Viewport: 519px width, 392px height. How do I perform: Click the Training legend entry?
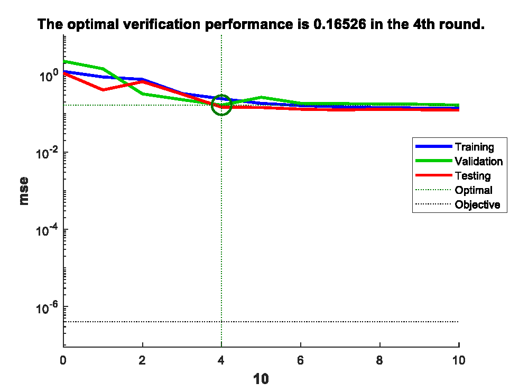pos(474,147)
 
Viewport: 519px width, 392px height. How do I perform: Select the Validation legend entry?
pos(478,161)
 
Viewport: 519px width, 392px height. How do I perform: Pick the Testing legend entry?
pos(472,175)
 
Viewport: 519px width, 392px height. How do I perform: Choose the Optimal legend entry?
pos(473,190)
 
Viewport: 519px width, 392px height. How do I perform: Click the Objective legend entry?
pos(477,204)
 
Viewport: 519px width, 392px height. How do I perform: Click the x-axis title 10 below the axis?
pos(261,379)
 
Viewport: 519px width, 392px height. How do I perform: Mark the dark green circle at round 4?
pos(221,105)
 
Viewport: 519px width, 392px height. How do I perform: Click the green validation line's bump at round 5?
pos(261,97)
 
